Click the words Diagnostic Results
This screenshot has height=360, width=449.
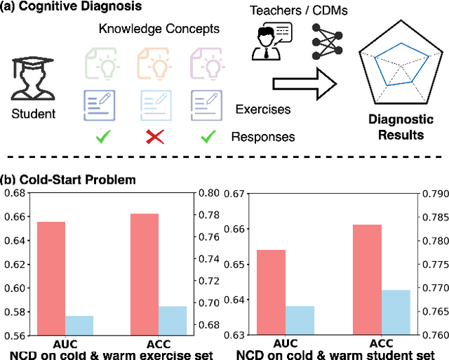click(x=398, y=127)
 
